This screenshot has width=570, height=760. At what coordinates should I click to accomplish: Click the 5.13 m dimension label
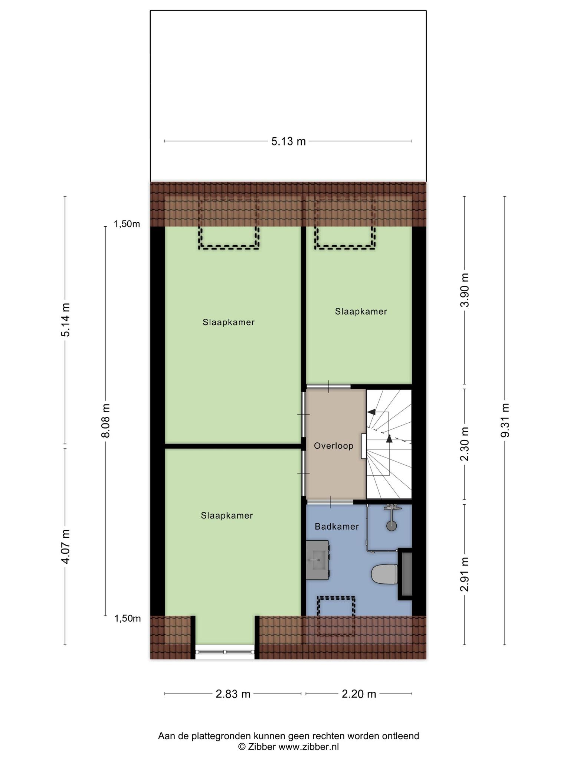[x=288, y=141]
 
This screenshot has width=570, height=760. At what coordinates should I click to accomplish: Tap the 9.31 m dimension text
[x=505, y=420]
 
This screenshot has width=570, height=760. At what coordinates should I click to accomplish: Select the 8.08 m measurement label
[x=106, y=420]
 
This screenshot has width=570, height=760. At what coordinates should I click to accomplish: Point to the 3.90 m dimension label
[x=465, y=290]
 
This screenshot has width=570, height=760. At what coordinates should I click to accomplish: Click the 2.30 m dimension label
[x=465, y=444]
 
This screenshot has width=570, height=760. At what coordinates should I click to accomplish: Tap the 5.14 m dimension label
[x=66, y=320]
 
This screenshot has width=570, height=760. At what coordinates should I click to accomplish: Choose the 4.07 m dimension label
[x=66, y=546]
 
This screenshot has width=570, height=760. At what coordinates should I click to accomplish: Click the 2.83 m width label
[x=233, y=694]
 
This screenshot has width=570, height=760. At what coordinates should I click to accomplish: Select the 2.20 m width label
[x=359, y=694]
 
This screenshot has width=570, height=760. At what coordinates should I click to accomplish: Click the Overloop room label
[x=334, y=446]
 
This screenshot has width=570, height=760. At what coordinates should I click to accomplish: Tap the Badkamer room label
[x=337, y=526]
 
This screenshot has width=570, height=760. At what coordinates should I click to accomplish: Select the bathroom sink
[x=318, y=560]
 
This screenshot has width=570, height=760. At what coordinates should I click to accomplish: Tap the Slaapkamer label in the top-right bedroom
[x=361, y=312]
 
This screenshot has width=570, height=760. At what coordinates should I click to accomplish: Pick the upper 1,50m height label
[x=127, y=224]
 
